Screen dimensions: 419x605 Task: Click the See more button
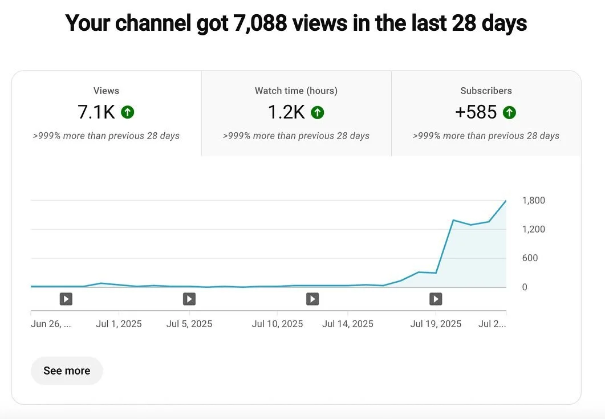point(67,371)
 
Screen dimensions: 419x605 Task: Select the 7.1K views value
point(96,112)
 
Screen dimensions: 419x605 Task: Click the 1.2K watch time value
point(286,112)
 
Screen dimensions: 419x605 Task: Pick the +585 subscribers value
point(476,112)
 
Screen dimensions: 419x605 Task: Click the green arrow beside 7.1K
point(128,112)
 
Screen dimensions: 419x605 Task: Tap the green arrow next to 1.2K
point(318,112)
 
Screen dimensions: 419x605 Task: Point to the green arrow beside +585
point(509,112)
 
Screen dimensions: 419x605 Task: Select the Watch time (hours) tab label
point(296,91)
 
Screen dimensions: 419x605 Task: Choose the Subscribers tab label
point(486,91)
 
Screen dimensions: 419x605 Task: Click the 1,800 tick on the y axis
point(533,201)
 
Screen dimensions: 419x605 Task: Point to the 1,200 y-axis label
point(533,229)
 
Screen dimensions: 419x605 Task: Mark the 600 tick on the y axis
point(530,258)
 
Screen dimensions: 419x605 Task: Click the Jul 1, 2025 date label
point(119,324)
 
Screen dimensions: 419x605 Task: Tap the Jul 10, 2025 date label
point(277,324)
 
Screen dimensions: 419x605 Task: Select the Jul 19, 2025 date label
point(436,324)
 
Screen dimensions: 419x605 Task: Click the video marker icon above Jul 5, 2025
point(189,299)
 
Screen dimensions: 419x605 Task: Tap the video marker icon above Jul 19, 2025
point(436,299)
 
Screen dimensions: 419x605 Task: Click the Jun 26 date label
point(51,324)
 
